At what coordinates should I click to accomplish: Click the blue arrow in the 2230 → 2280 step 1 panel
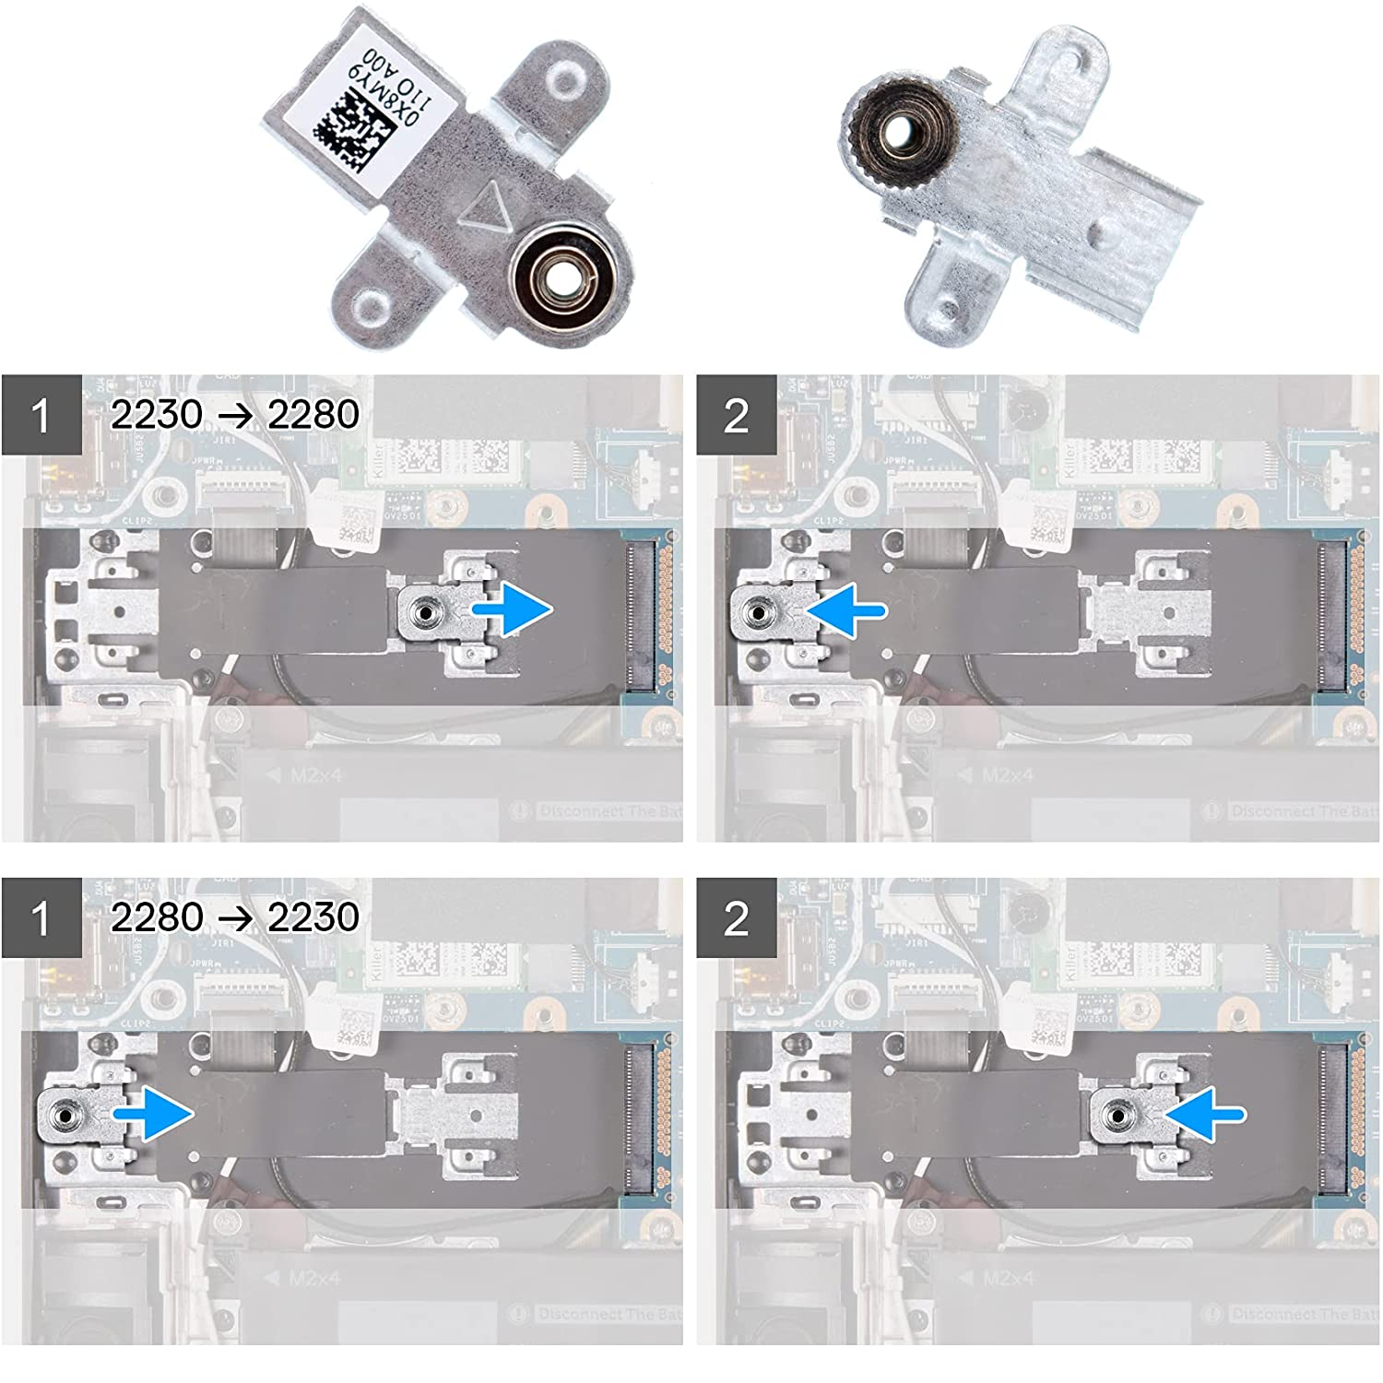click(513, 609)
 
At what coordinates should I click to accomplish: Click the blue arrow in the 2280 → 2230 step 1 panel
click(153, 1113)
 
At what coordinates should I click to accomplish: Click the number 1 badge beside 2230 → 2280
click(41, 415)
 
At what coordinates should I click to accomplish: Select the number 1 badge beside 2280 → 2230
click(41, 918)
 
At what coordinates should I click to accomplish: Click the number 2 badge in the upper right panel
click(736, 415)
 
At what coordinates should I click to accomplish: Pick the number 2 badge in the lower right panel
click(736, 918)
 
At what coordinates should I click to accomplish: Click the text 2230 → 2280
click(234, 414)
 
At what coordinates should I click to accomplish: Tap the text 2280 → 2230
click(234, 916)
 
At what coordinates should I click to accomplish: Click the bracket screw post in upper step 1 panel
click(424, 610)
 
